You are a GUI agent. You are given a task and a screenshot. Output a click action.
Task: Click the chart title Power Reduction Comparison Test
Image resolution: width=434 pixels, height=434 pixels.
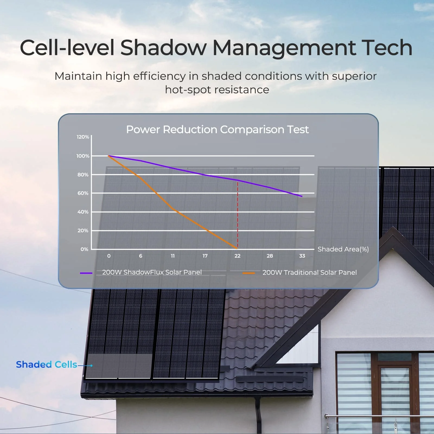[x=217, y=129]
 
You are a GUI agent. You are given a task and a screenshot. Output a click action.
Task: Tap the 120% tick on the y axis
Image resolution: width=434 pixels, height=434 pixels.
[x=83, y=137]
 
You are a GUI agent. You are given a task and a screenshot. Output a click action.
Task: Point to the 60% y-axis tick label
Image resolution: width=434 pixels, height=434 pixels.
[x=83, y=193]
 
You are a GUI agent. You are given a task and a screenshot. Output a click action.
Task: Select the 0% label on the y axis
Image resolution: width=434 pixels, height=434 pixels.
[x=84, y=249]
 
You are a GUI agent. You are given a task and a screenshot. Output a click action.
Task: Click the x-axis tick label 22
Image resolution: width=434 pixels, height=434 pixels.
[x=237, y=256]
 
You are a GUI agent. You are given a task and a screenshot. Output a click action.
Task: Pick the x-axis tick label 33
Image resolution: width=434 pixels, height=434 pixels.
[x=302, y=256]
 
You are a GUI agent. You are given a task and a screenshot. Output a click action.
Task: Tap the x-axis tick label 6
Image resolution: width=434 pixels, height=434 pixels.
[x=141, y=256]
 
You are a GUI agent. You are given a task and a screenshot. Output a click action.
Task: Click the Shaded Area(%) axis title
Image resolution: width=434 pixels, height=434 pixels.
[x=343, y=249]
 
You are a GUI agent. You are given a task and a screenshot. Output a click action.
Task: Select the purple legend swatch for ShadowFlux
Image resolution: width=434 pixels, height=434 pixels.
[x=86, y=273]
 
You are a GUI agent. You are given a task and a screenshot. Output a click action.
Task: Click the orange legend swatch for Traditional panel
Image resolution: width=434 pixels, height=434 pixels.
[x=248, y=273]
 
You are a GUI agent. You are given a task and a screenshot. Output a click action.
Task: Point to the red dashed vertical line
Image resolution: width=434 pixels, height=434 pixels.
[x=238, y=214]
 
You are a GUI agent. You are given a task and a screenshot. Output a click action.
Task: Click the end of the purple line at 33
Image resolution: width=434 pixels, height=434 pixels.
[x=302, y=196]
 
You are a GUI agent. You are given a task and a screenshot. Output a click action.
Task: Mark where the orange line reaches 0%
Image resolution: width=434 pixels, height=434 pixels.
[x=237, y=248]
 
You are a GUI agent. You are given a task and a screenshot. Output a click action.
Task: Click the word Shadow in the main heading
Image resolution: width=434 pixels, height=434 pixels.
[x=163, y=48]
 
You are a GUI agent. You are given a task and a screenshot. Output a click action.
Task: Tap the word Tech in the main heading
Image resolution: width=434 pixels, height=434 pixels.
[x=388, y=48]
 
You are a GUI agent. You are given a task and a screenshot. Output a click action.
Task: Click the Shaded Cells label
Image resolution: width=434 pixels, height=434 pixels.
[x=46, y=365]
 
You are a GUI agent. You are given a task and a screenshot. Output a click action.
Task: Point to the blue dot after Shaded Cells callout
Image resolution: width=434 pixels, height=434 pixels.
[x=91, y=366]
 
